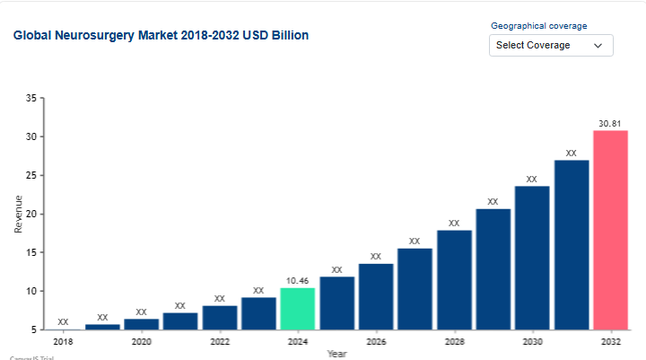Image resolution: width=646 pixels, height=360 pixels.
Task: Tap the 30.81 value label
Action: tap(610, 123)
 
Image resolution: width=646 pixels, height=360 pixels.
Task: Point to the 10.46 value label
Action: tap(297, 280)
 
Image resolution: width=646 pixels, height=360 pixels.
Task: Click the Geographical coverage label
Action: tap(539, 26)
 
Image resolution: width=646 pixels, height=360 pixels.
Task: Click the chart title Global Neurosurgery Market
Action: tap(161, 36)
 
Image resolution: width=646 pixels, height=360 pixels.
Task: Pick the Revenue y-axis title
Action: tap(19, 215)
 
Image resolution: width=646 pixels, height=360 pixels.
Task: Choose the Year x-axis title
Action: tap(336, 354)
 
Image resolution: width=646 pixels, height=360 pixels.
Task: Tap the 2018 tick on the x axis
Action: tap(63, 342)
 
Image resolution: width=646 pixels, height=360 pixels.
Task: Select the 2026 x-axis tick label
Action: tap(375, 342)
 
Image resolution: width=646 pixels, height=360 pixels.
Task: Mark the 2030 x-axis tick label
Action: tap(531, 342)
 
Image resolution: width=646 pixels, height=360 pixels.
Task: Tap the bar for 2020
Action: tap(141, 324)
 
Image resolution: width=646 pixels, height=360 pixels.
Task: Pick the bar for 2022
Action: tap(219, 318)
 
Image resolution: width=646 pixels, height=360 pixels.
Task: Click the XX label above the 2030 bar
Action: tap(531, 179)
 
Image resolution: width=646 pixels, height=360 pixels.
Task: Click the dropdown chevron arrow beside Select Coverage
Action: tap(598, 46)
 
